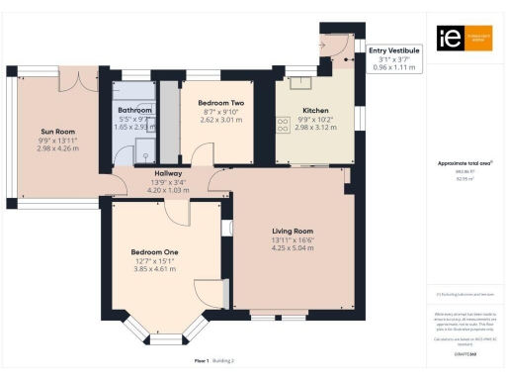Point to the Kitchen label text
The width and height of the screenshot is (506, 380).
[315, 110]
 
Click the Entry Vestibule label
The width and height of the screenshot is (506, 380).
[392, 48]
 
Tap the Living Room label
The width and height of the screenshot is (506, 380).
[292, 229]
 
